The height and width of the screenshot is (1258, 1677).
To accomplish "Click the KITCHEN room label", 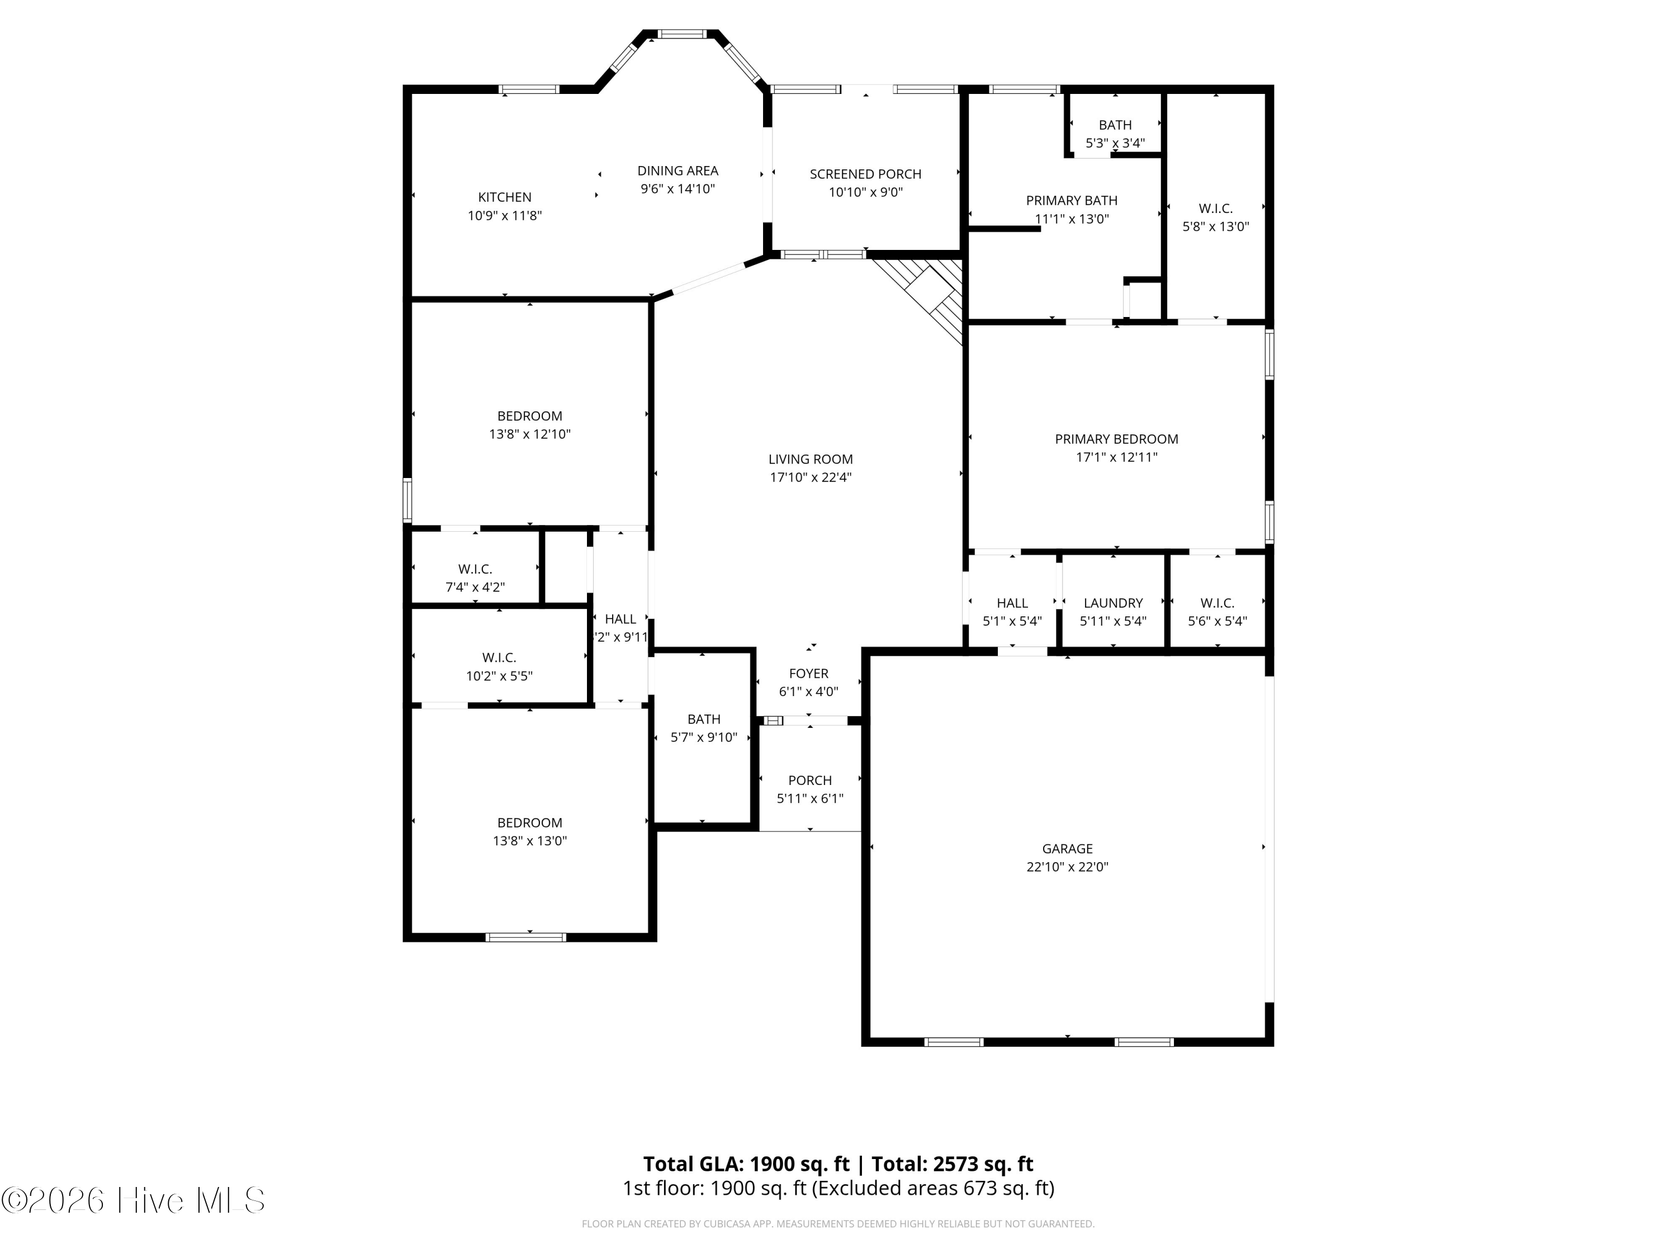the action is [x=504, y=197].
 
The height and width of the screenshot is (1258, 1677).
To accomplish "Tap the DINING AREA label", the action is [x=678, y=171].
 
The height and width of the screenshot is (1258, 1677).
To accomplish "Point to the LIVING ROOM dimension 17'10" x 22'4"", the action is [x=811, y=477].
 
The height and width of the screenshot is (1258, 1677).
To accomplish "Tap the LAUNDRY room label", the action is [x=1113, y=603].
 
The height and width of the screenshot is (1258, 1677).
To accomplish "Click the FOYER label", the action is [x=808, y=673].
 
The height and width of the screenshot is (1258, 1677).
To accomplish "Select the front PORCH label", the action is [x=809, y=781].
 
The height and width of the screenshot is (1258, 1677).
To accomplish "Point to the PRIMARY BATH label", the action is [x=1071, y=200].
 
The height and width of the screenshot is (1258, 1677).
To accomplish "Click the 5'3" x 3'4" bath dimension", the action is [x=1115, y=143].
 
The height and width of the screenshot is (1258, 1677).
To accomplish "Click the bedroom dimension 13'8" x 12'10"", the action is [x=529, y=434].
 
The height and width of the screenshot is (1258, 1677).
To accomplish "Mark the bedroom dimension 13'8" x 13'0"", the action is [x=529, y=840].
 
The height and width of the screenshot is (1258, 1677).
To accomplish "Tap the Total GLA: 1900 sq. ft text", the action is [x=746, y=1163].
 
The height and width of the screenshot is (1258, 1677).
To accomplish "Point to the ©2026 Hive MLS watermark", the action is [x=134, y=1200].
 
